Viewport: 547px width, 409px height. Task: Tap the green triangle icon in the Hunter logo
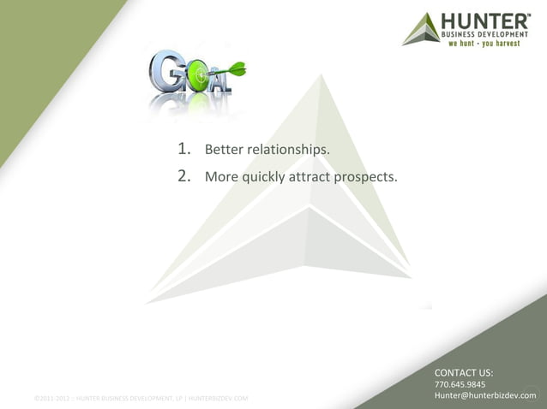(420, 30)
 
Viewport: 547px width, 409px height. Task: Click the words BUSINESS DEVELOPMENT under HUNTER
(485, 33)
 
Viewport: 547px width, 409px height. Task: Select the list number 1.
(183, 151)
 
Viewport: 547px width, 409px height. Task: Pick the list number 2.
(183, 177)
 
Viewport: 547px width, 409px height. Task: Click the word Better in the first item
(224, 151)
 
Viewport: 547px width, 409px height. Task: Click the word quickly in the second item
(266, 178)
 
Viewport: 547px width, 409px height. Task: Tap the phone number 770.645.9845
(460, 385)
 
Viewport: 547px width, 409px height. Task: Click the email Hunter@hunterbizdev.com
(485, 396)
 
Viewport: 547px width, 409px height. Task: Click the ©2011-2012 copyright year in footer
(51, 399)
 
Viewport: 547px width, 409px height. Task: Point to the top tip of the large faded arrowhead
(322, 74)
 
